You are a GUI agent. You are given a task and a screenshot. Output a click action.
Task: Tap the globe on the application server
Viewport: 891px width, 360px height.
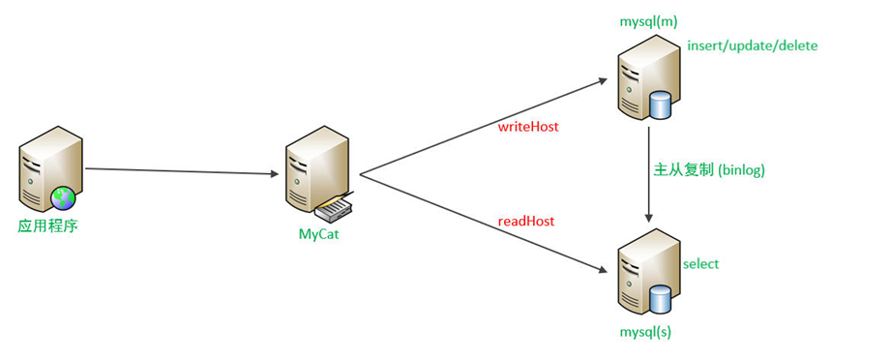point(64,198)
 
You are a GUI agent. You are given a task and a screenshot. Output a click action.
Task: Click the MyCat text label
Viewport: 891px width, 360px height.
point(318,235)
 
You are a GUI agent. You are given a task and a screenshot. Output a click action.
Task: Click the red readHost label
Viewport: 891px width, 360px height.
point(526,221)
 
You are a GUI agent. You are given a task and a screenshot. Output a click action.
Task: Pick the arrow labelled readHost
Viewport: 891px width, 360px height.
point(484,218)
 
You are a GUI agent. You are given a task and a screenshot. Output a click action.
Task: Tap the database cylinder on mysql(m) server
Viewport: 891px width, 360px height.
point(661,105)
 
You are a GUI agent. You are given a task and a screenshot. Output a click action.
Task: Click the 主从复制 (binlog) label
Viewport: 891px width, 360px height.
point(709,169)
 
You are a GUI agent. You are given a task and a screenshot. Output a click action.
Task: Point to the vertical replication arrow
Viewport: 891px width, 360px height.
point(647,174)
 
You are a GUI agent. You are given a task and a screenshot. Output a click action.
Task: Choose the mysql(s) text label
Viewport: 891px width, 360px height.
point(644,332)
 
